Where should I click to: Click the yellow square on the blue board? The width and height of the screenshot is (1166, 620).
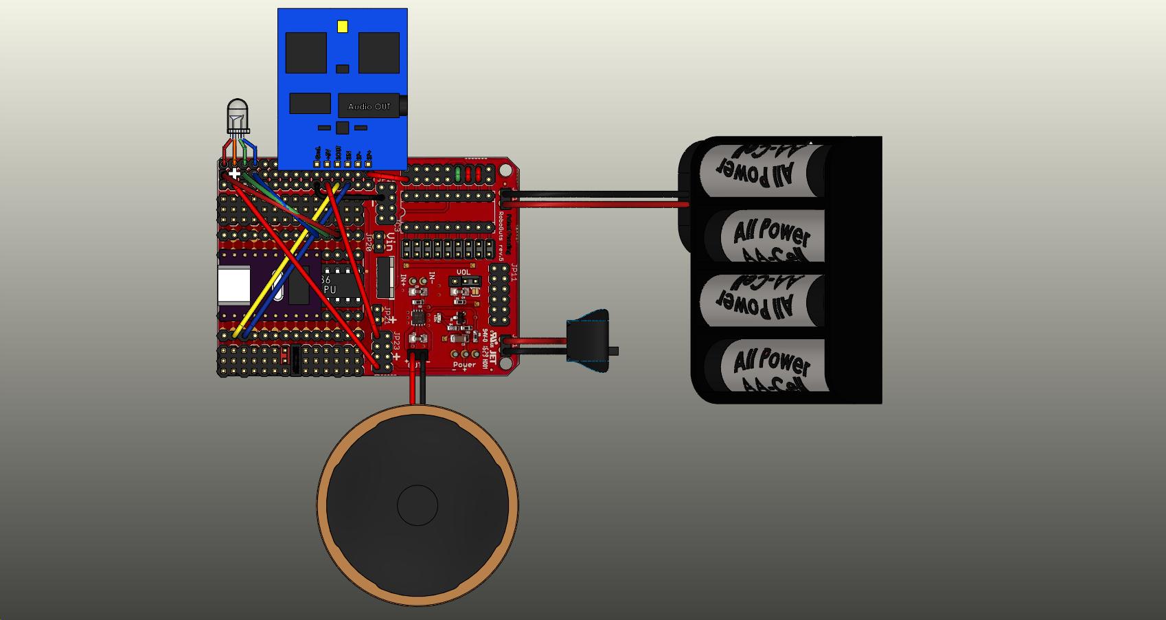(x=343, y=27)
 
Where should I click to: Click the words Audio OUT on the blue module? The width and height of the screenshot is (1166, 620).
(x=369, y=106)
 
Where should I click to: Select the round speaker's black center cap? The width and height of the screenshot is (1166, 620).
(x=418, y=505)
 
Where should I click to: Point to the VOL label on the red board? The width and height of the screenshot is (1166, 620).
(x=464, y=273)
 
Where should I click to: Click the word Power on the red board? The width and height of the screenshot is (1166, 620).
(x=465, y=365)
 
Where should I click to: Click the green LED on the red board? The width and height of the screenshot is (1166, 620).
(x=457, y=173)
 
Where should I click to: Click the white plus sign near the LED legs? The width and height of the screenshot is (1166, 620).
(x=235, y=174)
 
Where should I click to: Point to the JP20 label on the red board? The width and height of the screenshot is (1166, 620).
(x=369, y=243)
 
